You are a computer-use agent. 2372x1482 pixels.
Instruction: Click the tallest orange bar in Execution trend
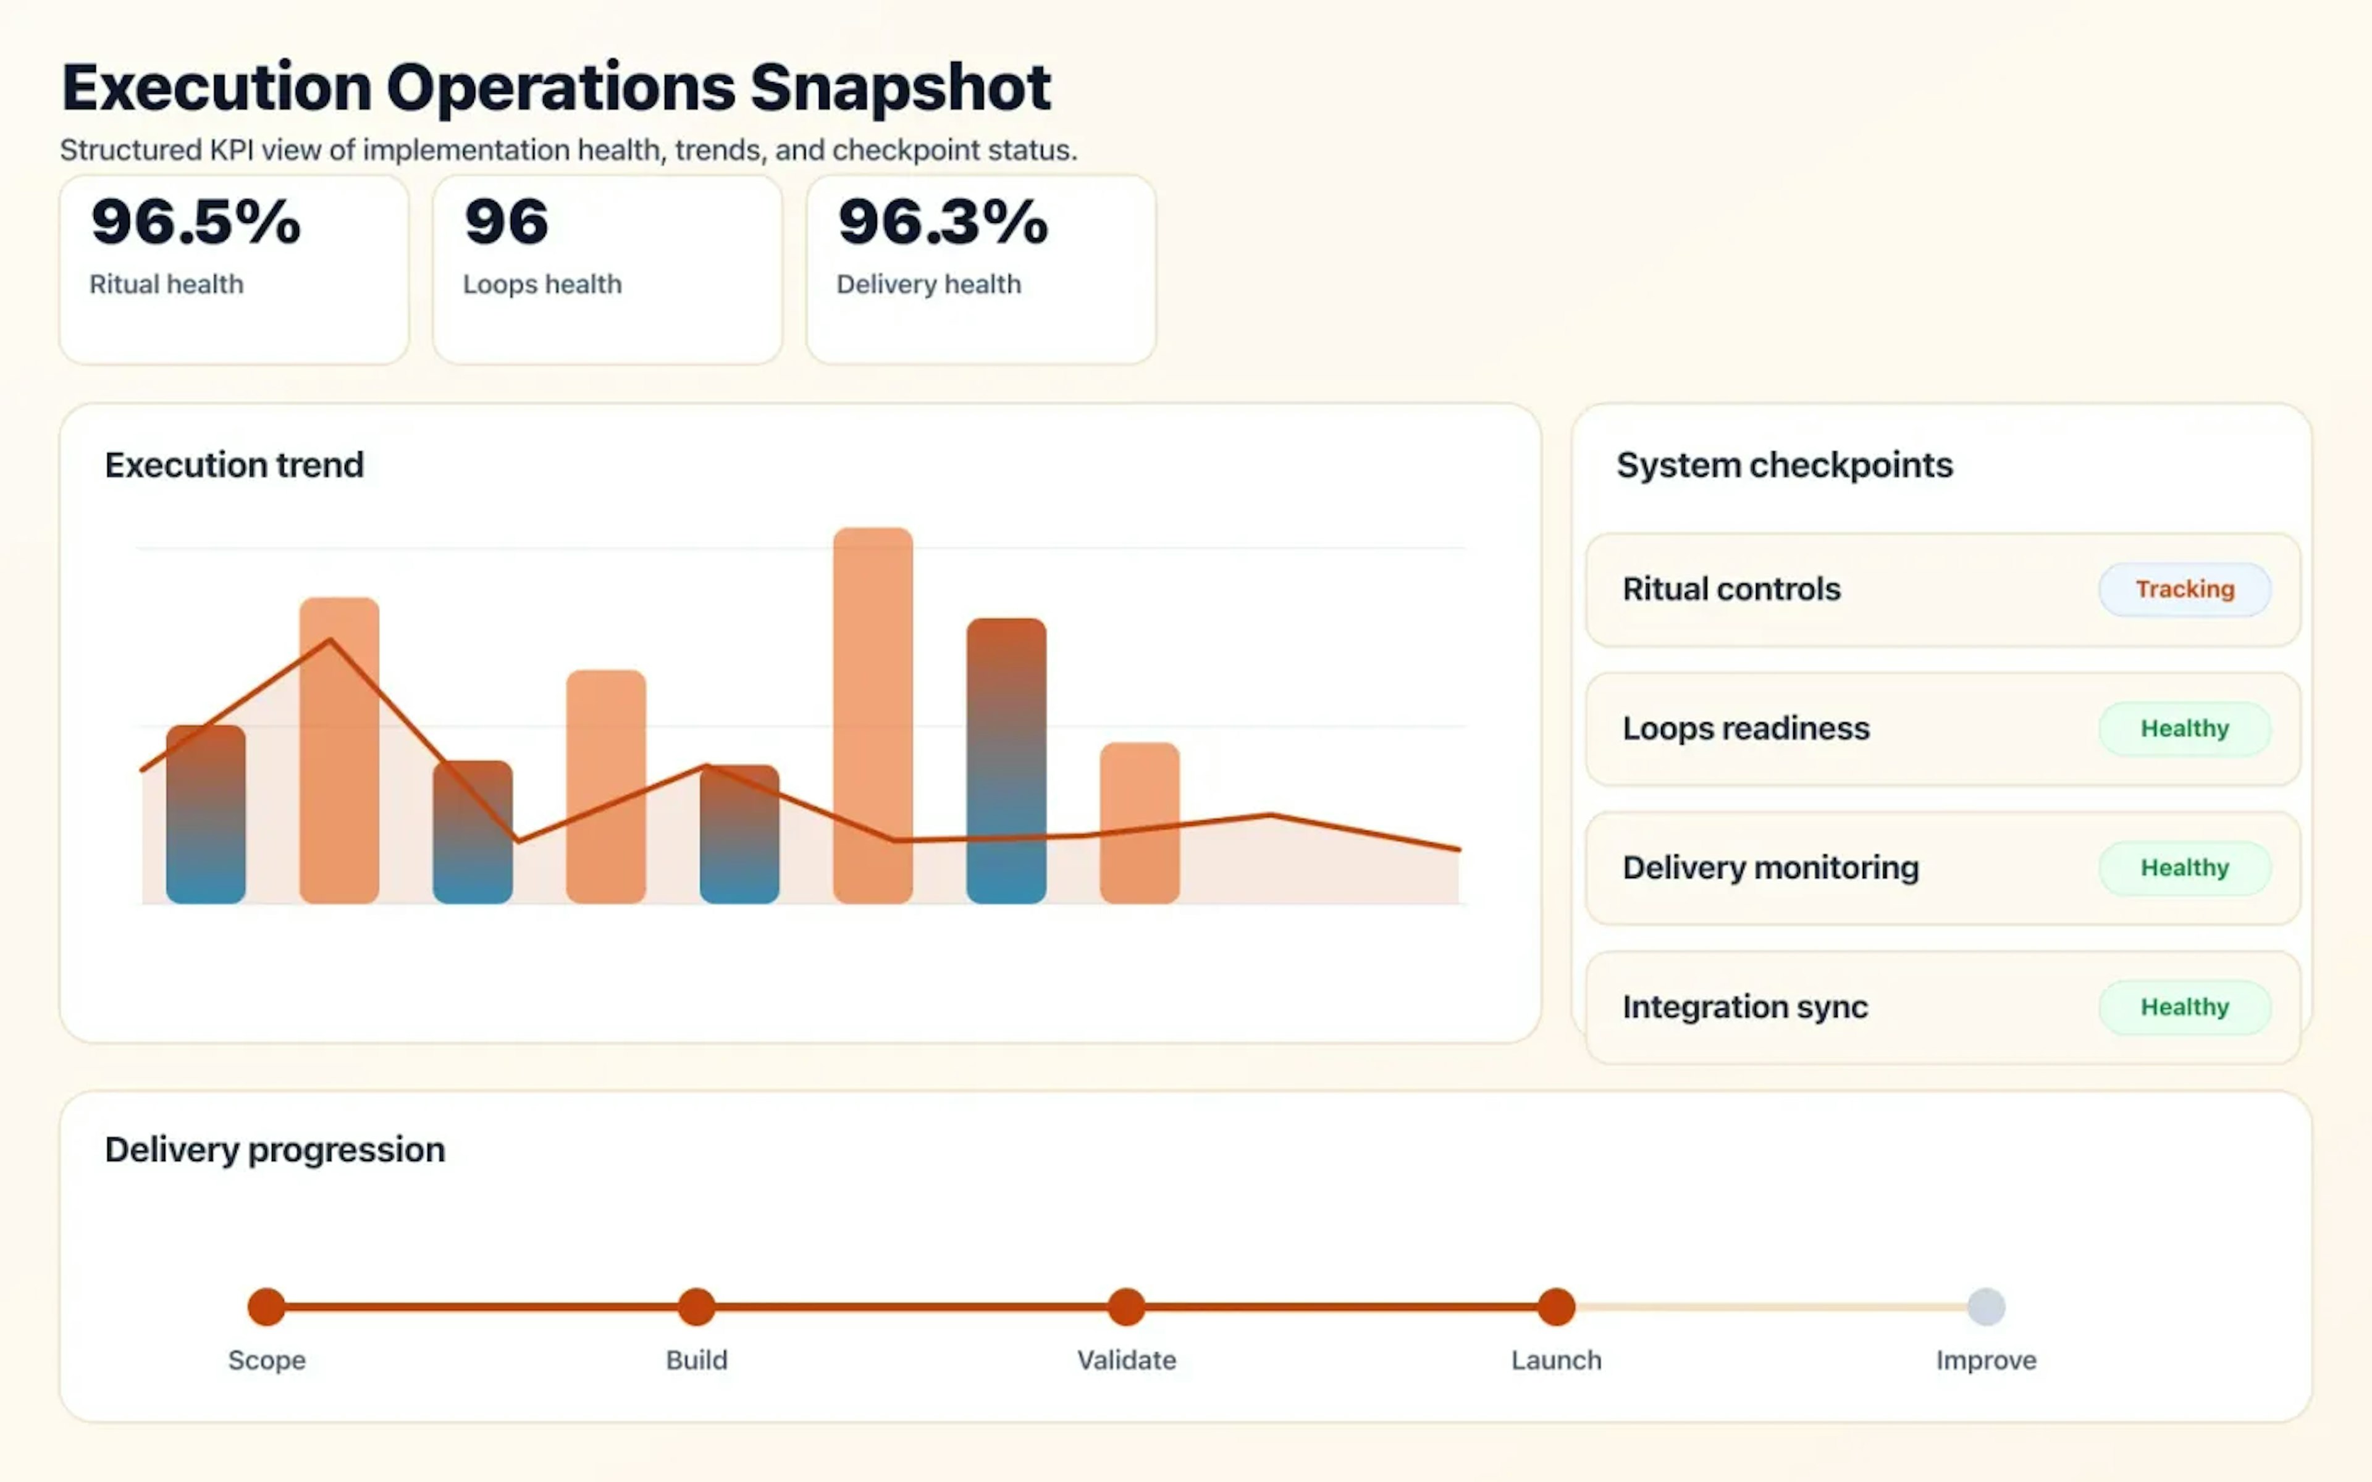click(x=872, y=716)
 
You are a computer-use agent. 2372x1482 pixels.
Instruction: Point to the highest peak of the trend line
click(x=330, y=640)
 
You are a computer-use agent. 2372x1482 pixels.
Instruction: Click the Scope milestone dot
click(x=267, y=1307)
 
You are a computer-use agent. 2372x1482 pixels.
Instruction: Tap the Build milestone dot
click(x=696, y=1307)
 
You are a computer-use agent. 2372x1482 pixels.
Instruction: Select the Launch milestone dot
click(x=1555, y=1307)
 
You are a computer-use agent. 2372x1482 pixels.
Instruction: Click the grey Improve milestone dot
click(x=1986, y=1307)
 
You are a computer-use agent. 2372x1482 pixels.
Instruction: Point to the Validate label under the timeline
click(x=1126, y=1360)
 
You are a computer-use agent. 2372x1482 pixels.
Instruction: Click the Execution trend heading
click(x=234, y=464)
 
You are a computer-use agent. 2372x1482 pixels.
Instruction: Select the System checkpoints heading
click(x=1784, y=464)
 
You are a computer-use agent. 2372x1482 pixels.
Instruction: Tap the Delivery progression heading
click(x=274, y=1149)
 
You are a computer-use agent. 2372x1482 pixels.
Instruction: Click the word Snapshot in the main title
click(x=900, y=88)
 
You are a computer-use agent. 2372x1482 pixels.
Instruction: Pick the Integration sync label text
click(x=1744, y=1007)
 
